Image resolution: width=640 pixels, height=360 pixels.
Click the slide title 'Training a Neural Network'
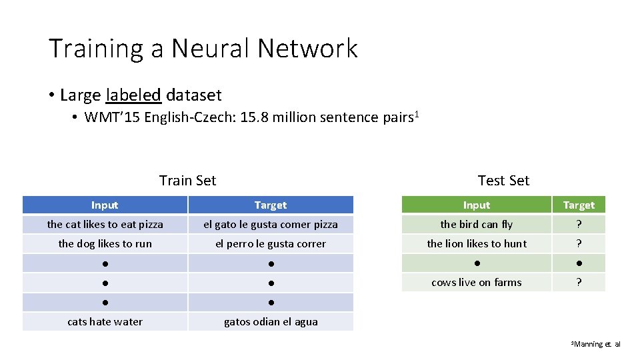point(203,49)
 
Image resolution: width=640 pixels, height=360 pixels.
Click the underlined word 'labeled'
point(133,95)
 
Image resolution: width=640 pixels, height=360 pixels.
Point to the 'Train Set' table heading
point(187,180)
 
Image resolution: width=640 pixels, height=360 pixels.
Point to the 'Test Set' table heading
point(503,180)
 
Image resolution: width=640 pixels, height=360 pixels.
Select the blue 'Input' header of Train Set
point(105,205)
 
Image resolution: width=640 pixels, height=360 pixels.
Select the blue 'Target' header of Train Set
point(271,205)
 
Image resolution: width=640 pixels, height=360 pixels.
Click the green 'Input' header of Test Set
point(476,205)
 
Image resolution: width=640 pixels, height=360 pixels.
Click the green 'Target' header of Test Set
point(579,205)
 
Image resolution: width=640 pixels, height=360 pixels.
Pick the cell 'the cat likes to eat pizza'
point(105,225)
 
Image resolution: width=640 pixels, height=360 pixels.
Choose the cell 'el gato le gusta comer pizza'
point(271,225)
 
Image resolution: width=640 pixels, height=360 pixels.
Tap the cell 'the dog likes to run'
point(105,244)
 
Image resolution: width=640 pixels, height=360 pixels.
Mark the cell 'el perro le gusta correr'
point(271,244)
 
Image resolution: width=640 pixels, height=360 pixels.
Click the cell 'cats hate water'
point(105,322)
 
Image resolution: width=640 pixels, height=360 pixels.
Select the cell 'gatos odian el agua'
point(271,322)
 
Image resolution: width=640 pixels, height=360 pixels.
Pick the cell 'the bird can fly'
point(476,225)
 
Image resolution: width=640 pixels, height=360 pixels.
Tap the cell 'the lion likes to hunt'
point(476,244)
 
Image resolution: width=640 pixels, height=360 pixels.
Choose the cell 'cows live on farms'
point(476,283)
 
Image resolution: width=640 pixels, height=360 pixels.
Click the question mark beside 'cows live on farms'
point(579,283)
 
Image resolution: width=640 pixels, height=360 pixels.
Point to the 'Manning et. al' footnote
point(597,344)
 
